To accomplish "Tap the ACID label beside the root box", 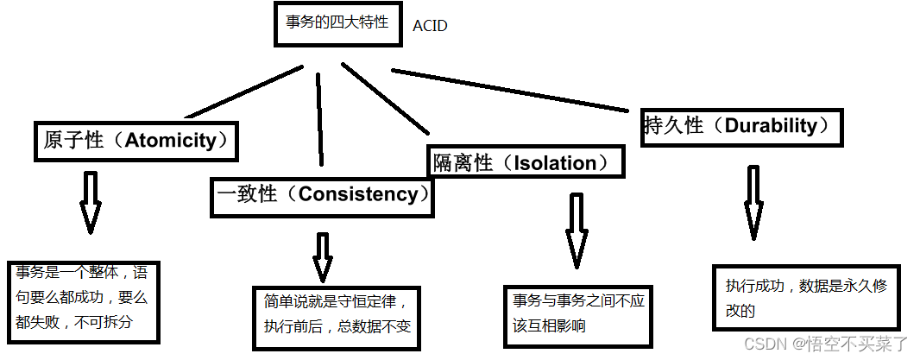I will (430, 26).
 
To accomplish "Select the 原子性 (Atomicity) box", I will (137, 141).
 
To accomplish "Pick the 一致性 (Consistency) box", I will (322, 194).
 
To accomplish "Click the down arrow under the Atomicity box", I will (89, 203).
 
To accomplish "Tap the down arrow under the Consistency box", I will (322, 257).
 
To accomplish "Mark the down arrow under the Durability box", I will (753, 203).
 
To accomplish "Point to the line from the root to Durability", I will (509, 90).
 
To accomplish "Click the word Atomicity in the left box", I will (171, 141).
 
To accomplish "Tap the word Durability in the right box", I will (770, 125).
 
